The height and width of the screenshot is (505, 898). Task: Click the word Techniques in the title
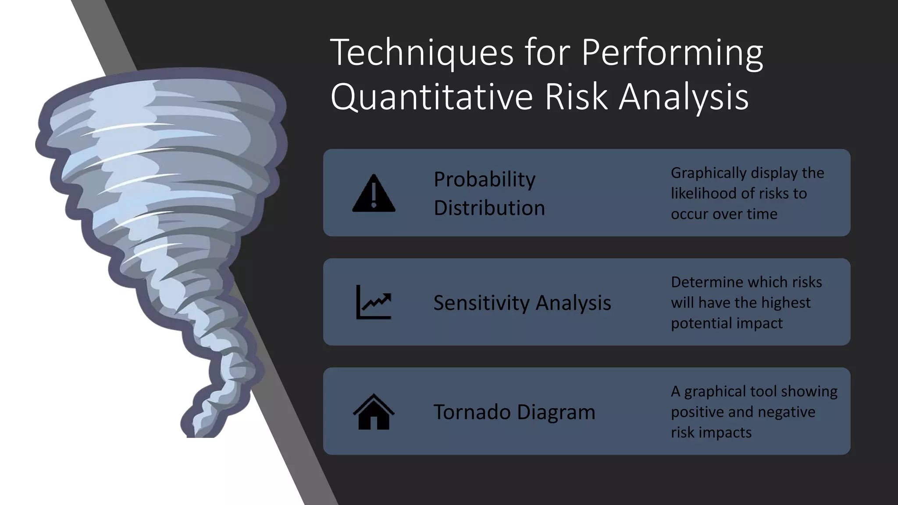pos(421,53)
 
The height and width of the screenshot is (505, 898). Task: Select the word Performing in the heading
pos(672,53)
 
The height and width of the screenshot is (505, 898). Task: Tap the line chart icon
pos(374,302)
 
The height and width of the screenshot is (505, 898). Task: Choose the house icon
pos(374,412)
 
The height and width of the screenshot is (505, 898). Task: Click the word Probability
pos(484,179)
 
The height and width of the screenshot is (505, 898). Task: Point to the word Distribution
pos(489,208)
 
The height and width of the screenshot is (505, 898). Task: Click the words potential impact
pos(726,324)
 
